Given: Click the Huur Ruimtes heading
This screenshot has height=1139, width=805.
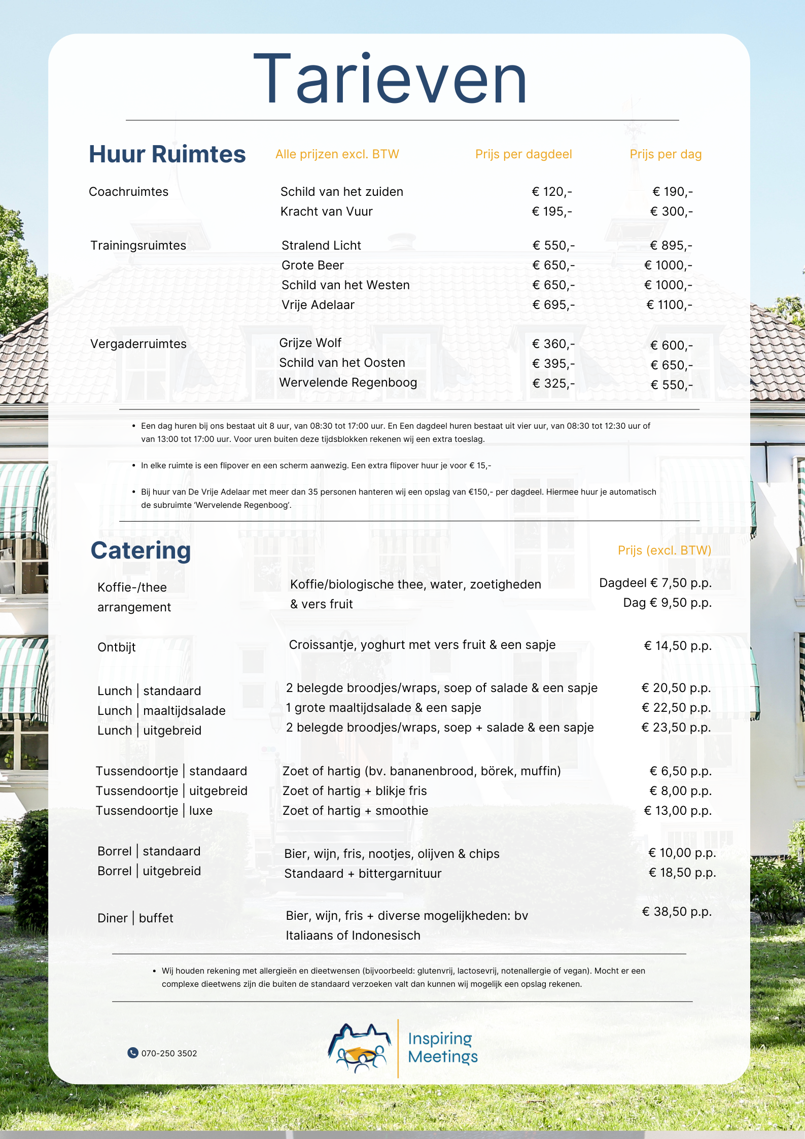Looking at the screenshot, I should click(x=167, y=154).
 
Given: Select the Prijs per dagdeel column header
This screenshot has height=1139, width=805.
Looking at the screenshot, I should click(x=523, y=154).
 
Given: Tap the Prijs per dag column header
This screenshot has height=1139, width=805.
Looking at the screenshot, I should click(x=665, y=154).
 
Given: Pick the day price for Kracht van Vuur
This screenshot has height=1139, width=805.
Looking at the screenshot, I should click(x=671, y=212).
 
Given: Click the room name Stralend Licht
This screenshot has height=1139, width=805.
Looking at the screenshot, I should click(x=321, y=246).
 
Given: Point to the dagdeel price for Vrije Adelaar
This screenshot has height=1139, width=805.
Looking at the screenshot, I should click(x=553, y=305).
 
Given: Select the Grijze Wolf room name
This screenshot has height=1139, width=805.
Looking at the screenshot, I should click(x=310, y=343).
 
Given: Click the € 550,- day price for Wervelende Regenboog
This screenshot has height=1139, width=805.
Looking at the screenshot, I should click(x=671, y=385).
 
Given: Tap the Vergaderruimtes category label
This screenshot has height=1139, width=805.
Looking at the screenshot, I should click(x=138, y=344).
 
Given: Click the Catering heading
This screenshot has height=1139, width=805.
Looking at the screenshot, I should click(x=141, y=550).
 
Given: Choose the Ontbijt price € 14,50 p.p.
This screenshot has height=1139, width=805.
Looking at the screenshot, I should click(x=677, y=646).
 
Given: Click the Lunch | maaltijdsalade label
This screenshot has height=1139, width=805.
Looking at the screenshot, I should click(x=161, y=711).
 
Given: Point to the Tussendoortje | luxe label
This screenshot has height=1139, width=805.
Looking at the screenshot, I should click(x=154, y=811).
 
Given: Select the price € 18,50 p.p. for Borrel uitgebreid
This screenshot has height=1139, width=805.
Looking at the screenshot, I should click(x=682, y=873).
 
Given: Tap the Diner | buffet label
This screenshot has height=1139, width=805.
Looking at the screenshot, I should click(x=135, y=918).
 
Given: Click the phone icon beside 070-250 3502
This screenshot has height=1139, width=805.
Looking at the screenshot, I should click(x=133, y=1053).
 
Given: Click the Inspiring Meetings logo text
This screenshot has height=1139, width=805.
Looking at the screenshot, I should click(x=442, y=1048).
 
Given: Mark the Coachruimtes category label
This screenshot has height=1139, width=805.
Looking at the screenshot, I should click(x=128, y=192).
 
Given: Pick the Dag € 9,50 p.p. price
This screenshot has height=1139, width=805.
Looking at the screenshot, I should click(x=667, y=603).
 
